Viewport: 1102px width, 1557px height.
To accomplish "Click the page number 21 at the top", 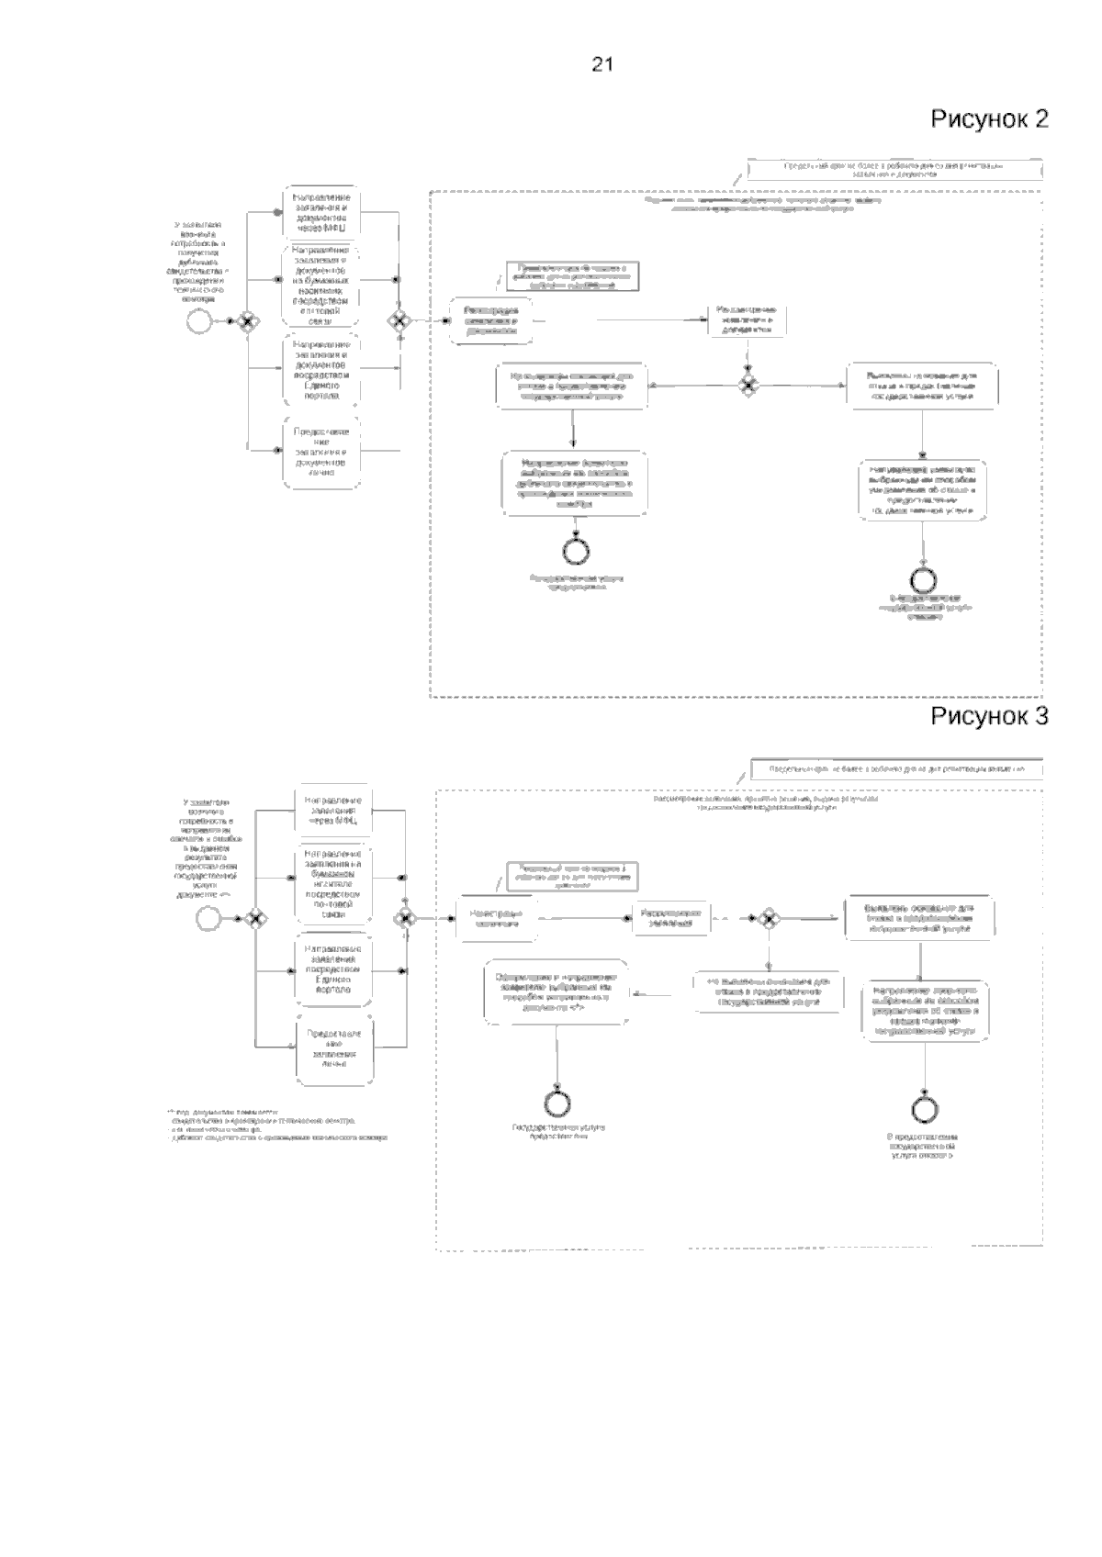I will (x=602, y=64).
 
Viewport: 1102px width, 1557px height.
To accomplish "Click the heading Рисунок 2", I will (x=989, y=119).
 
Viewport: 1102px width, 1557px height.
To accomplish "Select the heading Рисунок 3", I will (x=989, y=716).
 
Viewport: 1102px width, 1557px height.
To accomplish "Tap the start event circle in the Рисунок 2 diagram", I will (x=197, y=320).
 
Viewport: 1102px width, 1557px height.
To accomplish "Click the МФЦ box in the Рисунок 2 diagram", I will (x=320, y=212).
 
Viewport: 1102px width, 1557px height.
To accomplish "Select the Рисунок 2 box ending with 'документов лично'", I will (x=320, y=451).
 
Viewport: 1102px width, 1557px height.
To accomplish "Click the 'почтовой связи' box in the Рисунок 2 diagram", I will (x=320, y=284).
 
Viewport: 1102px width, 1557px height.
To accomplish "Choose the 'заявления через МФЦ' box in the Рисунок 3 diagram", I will (x=333, y=810).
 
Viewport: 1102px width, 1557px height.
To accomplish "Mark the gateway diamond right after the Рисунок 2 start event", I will (x=247, y=320).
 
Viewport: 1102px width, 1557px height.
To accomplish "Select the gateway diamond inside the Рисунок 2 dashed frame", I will (x=749, y=386).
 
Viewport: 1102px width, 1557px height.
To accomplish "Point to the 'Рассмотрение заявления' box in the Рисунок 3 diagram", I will (x=670, y=917).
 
